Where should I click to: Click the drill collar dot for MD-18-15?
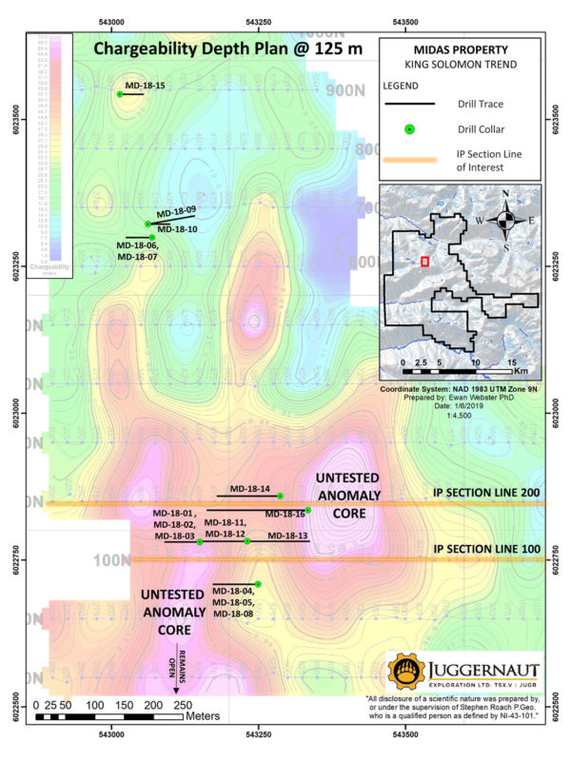(x=120, y=94)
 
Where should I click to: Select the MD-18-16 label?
(x=284, y=514)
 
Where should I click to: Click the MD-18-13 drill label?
(x=287, y=537)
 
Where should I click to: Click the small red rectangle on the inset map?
(x=424, y=261)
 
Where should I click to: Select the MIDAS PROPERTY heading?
(x=460, y=51)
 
